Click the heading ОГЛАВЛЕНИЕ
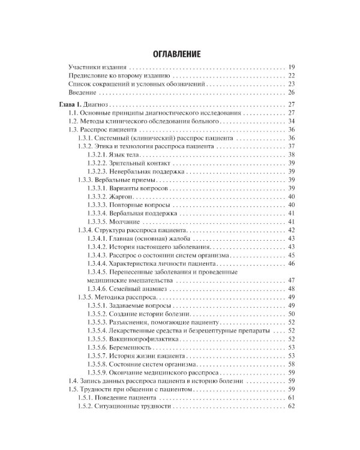point(181,54)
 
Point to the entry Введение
point(82,92)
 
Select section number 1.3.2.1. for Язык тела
point(100,155)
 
